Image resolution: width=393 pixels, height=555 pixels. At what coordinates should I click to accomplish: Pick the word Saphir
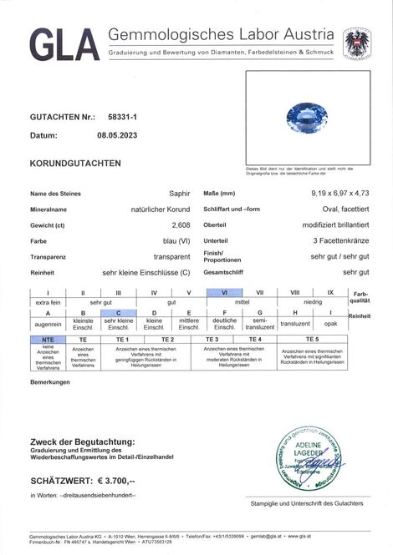pos(181,194)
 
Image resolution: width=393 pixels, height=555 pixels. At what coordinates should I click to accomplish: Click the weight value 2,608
pos(181,225)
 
